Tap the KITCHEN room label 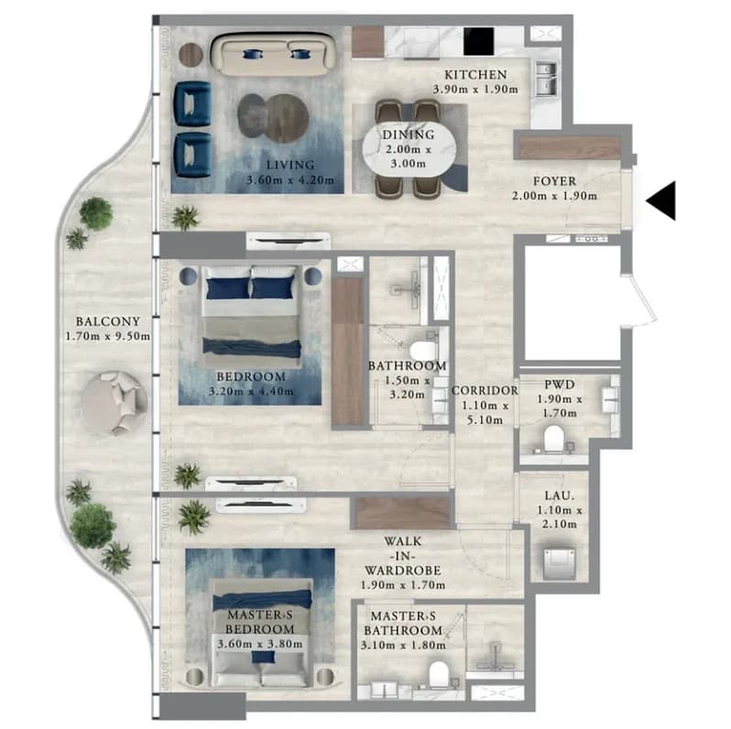(475, 74)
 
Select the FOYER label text (555, 180)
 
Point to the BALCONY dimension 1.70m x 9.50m (108, 336)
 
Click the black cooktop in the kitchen (479, 41)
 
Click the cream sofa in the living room (274, 54)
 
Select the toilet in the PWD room (554, 439)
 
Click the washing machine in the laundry (559, 563)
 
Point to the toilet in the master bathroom (438, 674)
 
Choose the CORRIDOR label (485, 391)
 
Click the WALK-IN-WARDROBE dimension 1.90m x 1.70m (403, 584)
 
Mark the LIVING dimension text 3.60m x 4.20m (290, 180)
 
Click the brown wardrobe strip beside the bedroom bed (348, 351)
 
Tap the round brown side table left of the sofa (191, 55)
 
